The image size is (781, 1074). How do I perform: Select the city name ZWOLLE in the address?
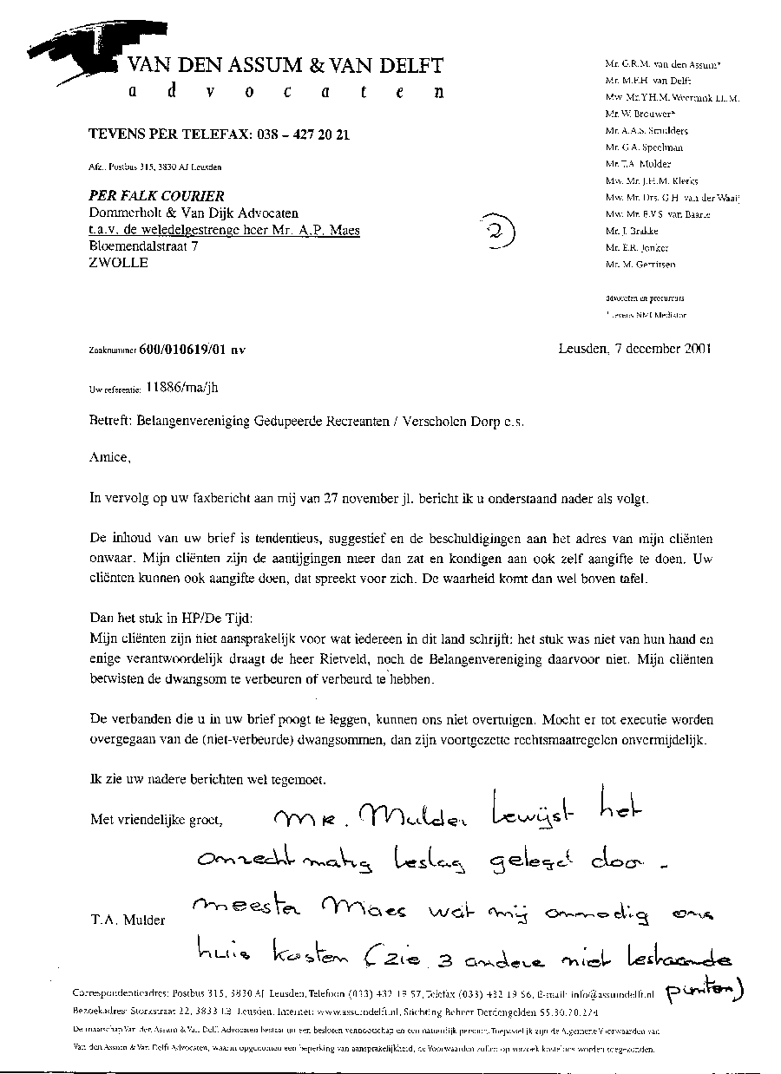point(119,263)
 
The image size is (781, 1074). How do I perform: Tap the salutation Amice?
point(110,457)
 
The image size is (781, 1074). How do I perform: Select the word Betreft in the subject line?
point(108,422)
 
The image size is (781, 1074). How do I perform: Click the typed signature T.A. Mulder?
point(127,920)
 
